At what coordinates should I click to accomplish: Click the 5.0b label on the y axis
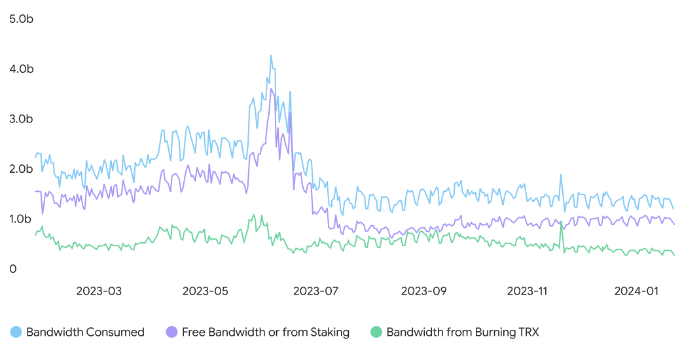tap(21, 19)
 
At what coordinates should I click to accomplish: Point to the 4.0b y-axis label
tap(22, 69)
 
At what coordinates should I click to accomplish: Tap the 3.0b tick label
tap(21, 119)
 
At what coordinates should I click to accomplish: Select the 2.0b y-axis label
tap(21, 169)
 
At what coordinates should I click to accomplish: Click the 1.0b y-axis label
tap(20, 219)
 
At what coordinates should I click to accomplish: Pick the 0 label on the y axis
tap(13, 269)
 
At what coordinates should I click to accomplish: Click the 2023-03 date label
tap(99, 291)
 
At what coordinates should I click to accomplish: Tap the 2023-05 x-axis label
tap(205, 291)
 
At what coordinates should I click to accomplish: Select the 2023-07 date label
tap(315, 291)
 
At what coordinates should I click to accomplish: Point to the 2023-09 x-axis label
tap(423, 291)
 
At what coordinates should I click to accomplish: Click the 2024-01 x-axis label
tap(636, 291)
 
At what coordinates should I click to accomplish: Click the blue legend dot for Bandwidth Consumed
tap(16, 332)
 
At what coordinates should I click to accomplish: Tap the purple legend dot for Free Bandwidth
tap(171, 332)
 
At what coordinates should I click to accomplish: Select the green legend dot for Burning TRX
tap(376, 332)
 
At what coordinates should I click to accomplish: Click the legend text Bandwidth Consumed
tap(85, 333)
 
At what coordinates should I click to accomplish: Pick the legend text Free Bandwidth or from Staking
tap(266, 333)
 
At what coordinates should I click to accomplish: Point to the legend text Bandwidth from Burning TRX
tap(463, 333)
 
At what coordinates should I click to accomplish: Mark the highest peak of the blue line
tap(270, 56)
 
